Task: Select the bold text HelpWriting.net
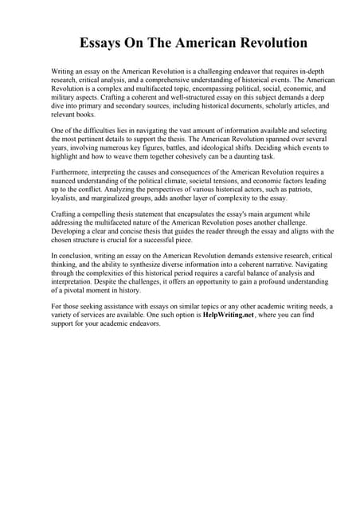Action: [x=237, y=316]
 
